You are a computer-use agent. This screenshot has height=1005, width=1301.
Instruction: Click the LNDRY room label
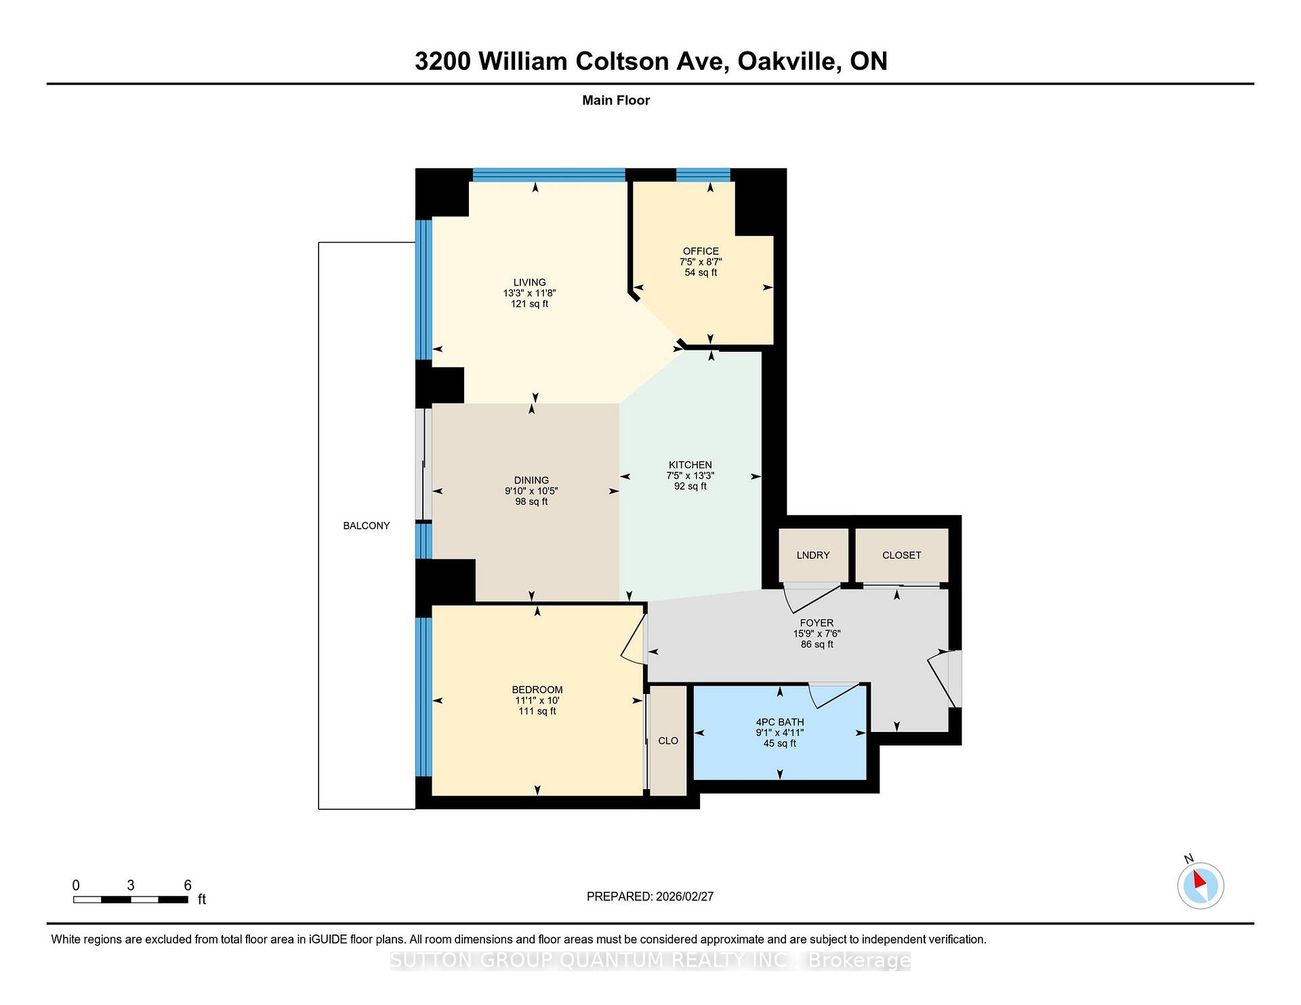tap(812, 555)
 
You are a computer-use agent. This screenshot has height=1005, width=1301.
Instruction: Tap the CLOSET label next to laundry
tap(901, 555)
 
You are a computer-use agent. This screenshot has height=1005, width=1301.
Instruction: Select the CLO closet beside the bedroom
tap(668, 741)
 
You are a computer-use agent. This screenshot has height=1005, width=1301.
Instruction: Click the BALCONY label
tap(366, 525)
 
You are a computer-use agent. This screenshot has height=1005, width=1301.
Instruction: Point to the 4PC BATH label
tap(779, 722)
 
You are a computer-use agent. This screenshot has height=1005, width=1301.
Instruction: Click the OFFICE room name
tap(701, 251)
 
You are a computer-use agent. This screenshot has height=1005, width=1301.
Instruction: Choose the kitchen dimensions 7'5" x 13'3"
tap(690, 476)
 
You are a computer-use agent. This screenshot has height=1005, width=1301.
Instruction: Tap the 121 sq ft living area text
tap(529, 304)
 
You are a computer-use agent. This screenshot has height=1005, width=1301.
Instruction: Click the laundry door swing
tap(810, 596)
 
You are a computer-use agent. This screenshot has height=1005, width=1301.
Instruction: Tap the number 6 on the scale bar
tap(188, 885)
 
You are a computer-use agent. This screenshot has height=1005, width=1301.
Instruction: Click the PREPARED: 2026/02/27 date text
tap(650, 897)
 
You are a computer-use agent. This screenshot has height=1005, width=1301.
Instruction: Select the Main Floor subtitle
tap(616, 100)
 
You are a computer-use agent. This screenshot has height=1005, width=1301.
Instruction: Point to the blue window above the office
tap(703, 175)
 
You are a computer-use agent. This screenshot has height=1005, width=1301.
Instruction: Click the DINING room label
tap(531, 480)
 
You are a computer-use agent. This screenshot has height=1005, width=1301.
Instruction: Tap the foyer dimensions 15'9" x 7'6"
tap(817, 634)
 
